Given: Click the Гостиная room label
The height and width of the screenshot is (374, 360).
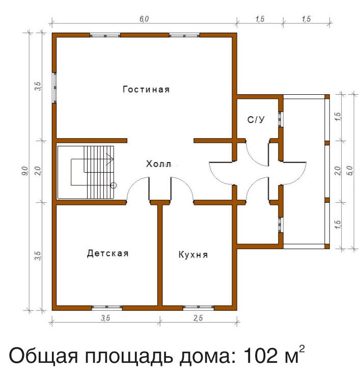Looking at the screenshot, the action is pos(146,90).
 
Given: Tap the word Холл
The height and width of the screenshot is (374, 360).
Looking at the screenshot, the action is pos(158,164).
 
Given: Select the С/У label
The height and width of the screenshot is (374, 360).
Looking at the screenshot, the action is pos(256,120).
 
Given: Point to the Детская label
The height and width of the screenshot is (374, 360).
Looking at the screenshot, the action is pos(108,253).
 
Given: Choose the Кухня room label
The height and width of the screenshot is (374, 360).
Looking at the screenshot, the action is pos(193,254).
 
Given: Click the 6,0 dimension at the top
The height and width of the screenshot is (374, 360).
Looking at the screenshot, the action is pos(144,19).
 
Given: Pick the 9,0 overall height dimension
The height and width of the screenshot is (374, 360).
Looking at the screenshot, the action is pos(25,171).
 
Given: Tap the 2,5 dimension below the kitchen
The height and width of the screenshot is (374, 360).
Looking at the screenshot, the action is pos(198,318).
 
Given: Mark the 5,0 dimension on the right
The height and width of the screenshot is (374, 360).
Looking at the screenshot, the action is pos(350,171).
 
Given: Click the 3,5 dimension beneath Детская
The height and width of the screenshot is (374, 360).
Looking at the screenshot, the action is pos(105,318).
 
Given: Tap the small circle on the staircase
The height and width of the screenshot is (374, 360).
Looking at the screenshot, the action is pos(114,185).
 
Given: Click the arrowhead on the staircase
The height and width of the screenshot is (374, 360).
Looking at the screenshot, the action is pos(110,158).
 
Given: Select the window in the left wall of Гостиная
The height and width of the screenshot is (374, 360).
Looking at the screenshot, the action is pos(54,88).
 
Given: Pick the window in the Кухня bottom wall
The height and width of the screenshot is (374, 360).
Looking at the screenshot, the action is pos(199,307).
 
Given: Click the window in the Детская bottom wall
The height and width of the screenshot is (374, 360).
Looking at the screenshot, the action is pos(107,307).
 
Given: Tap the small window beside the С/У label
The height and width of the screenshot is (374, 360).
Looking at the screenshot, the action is pos(281,119).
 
